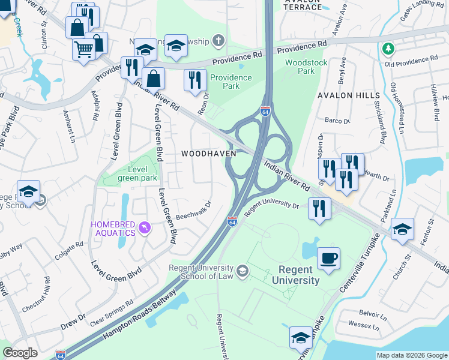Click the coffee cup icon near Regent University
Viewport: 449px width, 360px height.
[x=328, y=259]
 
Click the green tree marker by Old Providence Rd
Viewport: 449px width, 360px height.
[x=388, y=48]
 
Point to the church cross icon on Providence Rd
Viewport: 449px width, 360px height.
[x=219, y=40]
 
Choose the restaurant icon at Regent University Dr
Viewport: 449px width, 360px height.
[x=319, y=209]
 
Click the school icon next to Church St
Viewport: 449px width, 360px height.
[x=402, y=229]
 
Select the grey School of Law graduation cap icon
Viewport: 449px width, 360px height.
[x=242, y=271]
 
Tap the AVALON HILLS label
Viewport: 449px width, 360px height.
[x=349, y=95]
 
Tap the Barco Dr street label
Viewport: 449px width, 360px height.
[x=337, y=121]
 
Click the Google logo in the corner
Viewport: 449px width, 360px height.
[x=20, y=353]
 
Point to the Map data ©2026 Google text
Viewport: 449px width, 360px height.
[x=411, y=355]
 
